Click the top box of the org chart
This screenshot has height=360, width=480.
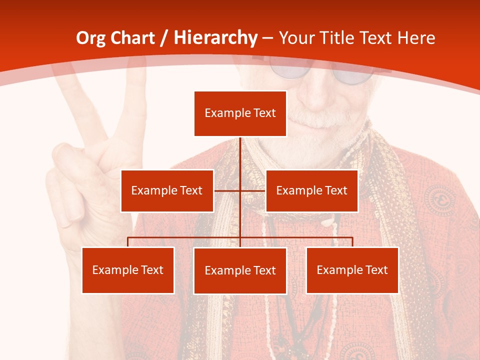[240, 113]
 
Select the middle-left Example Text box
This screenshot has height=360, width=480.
[167, 190]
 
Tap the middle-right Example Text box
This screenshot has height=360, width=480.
[311, 190]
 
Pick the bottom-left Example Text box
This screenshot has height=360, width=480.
[128, 270]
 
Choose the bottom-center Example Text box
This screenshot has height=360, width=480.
[240, 270]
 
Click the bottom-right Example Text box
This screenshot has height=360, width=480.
[352, 270]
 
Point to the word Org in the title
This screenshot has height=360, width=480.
[90, 38]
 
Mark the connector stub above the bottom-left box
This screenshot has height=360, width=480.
[128, 242]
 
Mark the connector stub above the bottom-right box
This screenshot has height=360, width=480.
[352, 242]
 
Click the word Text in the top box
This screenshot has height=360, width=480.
[264, 113]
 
